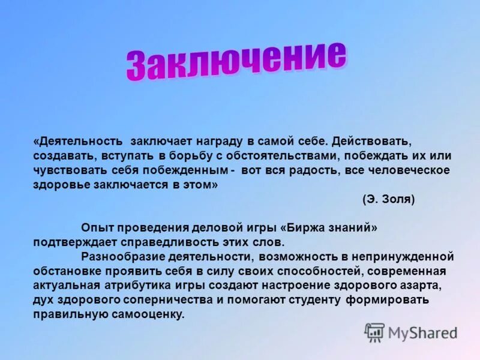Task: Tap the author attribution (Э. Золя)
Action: click(388, 199)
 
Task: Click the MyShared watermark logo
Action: click(411, 332)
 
